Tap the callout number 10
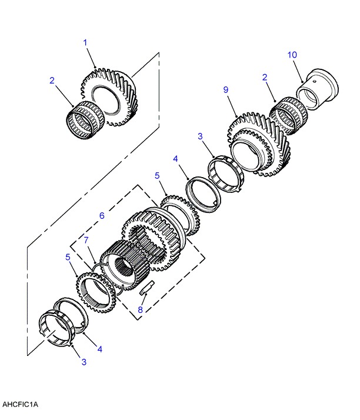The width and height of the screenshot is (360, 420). click(x=292, y=55)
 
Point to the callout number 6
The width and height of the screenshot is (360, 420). click(x=102, y=216)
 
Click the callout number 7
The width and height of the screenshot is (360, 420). click(x=86, y=240)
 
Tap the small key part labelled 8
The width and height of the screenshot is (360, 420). click(x=147, y=288)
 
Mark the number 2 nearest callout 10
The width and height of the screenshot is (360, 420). click(x=265, y=77)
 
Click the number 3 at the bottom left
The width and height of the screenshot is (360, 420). click(x=84, y=361)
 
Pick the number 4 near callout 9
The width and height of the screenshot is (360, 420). click(x=175, y=159)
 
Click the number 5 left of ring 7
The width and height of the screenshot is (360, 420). click(x=69, y=257)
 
